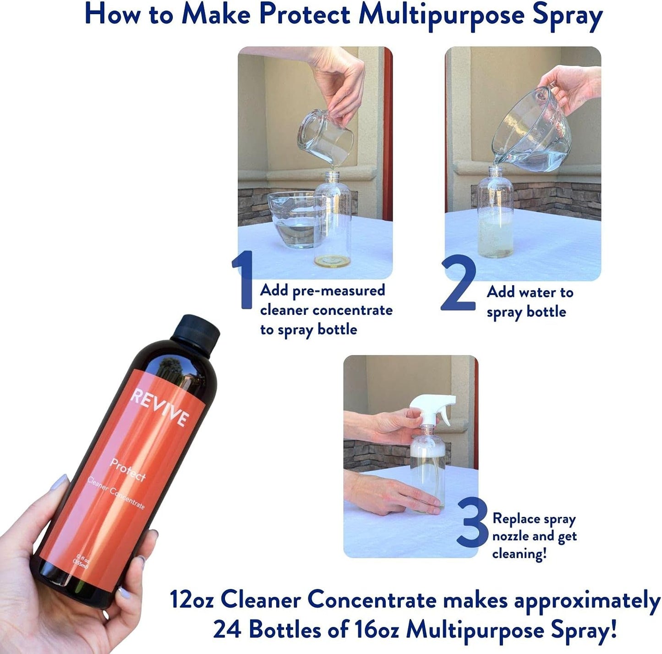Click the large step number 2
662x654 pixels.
(x=459, y=285)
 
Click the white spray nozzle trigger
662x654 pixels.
(x=433, y=406)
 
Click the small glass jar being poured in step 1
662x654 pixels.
(x=326, y=135)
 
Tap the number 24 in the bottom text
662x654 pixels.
(x=228, y=629)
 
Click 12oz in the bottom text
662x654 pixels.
(x=191, y=599)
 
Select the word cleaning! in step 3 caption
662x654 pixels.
(x=519, y=554)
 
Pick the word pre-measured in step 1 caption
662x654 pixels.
(x=339, y=291)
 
